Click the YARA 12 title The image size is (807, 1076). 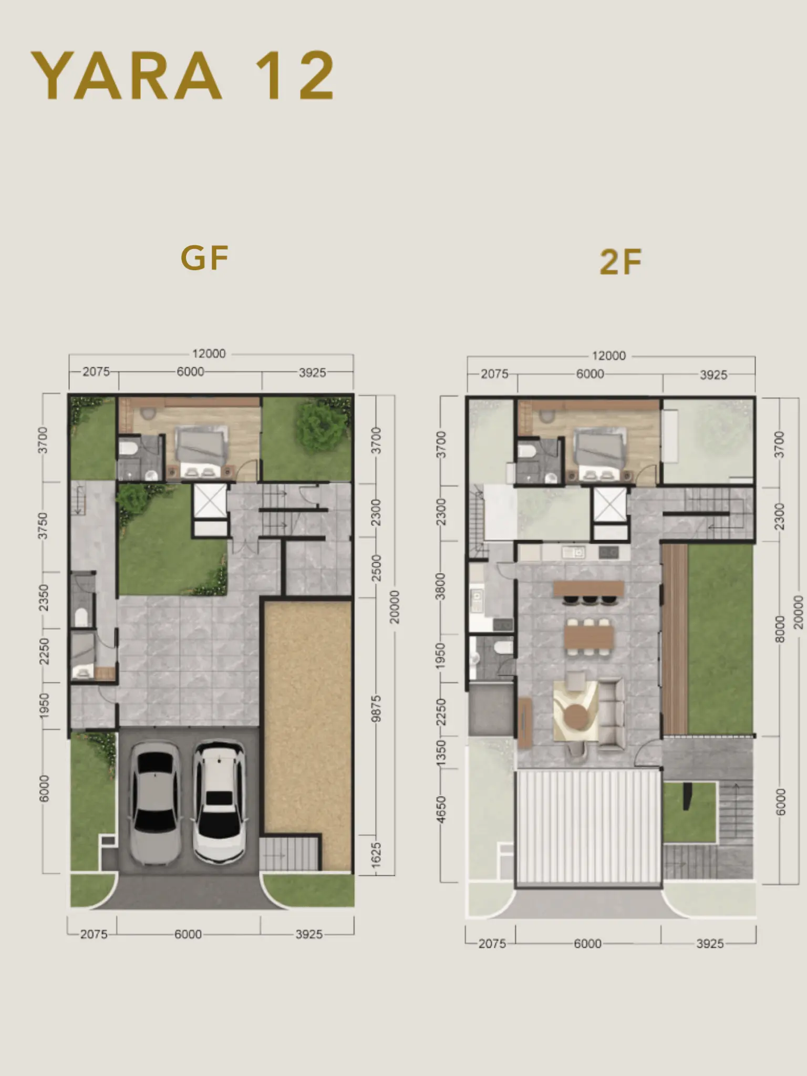click(x=183, y=75)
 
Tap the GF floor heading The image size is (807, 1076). click(x=204, y=257)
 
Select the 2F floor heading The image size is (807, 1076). click(x=620, y=262)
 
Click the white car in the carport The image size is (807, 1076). click(x=219, y=802)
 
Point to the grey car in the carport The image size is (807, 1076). click(x=155, y=803)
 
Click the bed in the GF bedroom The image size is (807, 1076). click(x=201, y=452)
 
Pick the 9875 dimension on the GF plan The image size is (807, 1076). click(x=375, y=709)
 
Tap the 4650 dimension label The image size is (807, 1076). click(x=441, y=810)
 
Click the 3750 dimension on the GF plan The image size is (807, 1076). click(x=43, y=526)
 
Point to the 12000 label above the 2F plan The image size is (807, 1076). click(x=609, y=356)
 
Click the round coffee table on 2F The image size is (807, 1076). click(x=576, y=715)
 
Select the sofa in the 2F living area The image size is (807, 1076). click(x=611, y=712)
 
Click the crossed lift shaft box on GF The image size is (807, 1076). click(x=210, y=501)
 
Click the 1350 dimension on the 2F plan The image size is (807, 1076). click(x=441, y=752)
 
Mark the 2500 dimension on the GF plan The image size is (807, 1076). click(x=376, y=568)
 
